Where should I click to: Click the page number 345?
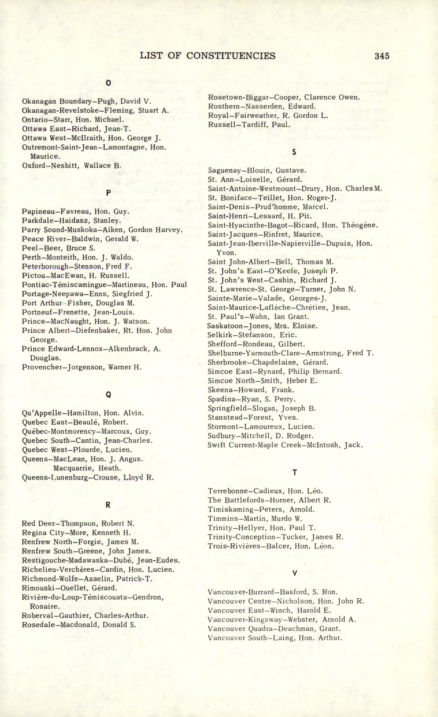tap(382, 56)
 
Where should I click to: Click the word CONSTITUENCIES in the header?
tap(231, 56)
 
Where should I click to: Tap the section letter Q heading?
tap(108, 395)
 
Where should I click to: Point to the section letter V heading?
tap(295, 574)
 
